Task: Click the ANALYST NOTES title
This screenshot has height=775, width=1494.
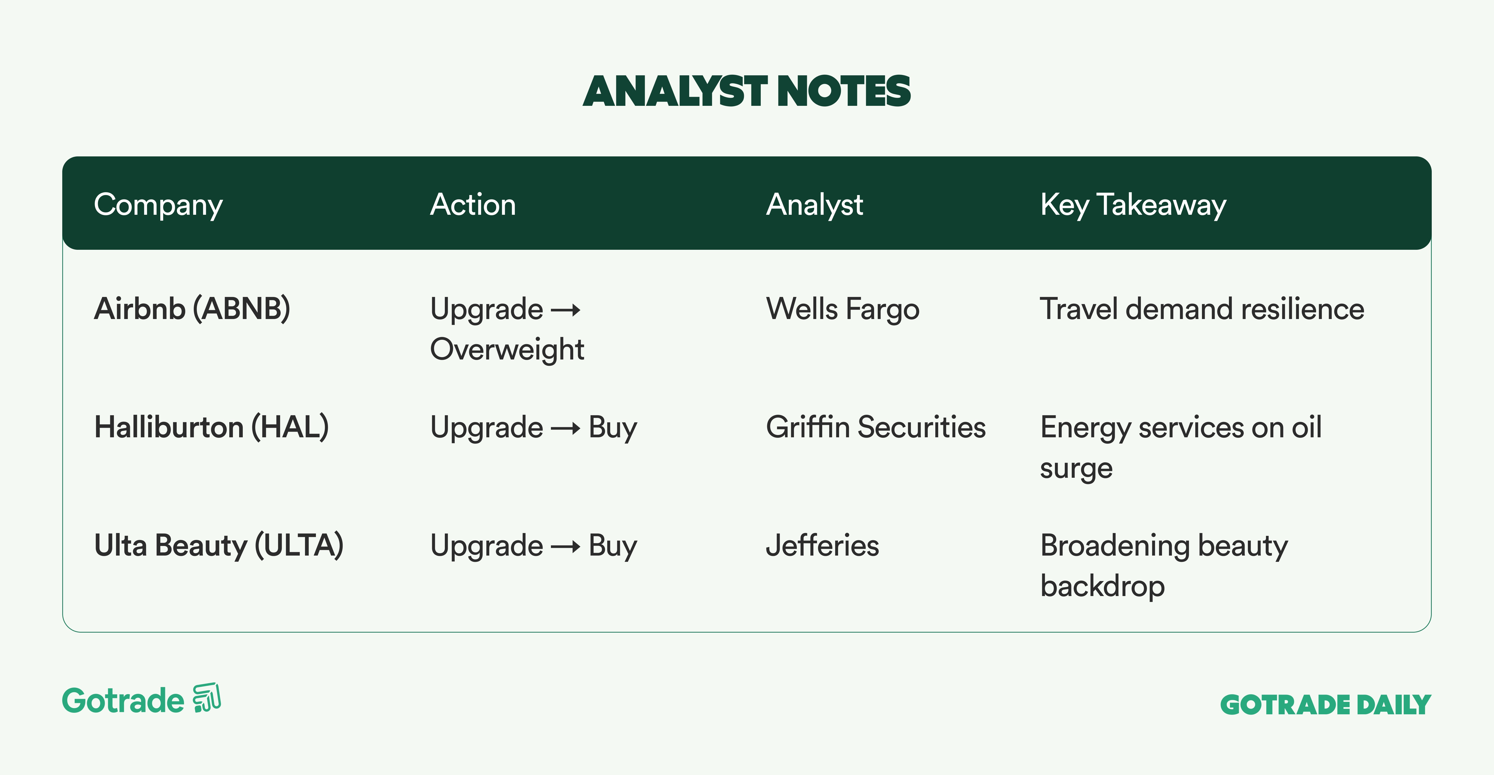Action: click(x=747, y=92)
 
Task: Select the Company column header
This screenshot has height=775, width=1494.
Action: click(x=158, y=205)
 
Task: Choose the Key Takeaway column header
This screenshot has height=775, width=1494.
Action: click(x=1133, y=205)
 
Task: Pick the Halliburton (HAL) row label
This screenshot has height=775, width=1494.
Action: click(x=212, y=427)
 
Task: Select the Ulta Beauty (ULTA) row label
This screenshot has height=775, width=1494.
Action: click(x=219, y=546)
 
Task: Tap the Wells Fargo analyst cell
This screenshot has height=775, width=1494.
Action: click(x=843, y=309)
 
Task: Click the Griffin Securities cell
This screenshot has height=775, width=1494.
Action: click(x=876, y=427)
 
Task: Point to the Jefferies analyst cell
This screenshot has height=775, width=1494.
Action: click(x=822, y=546)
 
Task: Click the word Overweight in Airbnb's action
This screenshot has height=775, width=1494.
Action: click(x=507, y=350)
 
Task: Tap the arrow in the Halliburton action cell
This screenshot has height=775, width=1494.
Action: click(x=565, y=429)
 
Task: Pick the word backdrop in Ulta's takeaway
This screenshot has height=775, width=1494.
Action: click(x=1103, y=586)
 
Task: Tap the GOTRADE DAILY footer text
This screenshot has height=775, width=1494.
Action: click(x=1325, y=705)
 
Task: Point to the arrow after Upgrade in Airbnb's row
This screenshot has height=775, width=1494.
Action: click(x=565, y=310)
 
